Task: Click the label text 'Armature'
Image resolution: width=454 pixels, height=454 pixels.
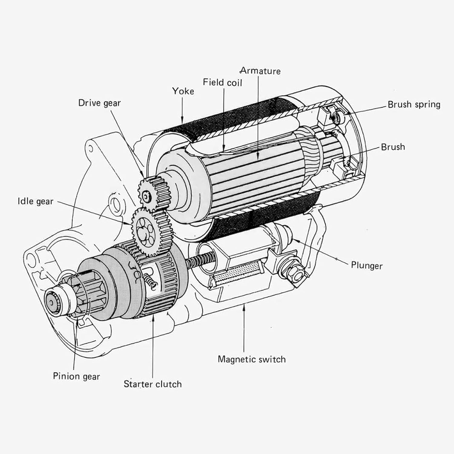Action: [260, 71]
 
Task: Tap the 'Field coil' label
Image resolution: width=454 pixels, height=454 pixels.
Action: [222, 82]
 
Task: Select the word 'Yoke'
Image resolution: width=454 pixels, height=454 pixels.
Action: [183, 91]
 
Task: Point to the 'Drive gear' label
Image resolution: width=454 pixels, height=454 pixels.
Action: [99, 103]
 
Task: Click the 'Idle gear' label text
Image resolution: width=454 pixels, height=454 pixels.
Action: [35, 201]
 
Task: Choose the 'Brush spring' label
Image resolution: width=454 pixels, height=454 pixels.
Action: [414, 104]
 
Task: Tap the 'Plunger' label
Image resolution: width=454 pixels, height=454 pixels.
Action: [367, 265]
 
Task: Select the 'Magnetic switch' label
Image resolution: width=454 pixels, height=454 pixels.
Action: [252, 359]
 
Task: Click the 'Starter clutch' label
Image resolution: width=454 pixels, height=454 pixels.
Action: [153, 384]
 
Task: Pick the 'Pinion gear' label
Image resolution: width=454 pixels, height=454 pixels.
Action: [76, 376]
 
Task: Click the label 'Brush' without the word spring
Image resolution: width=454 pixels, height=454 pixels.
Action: [393, 147]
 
